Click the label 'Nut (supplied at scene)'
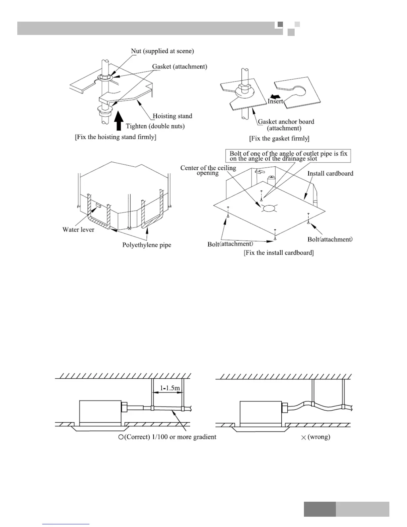pos(162,51)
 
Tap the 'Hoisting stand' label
pos(172,116)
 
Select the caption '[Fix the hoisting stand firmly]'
pos(115,137)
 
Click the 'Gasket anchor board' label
pos(286,125)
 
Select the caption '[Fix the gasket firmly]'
pos(279,138)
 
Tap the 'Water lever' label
pos(78,230)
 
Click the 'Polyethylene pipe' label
pos(147,245)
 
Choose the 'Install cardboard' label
pos(330,173)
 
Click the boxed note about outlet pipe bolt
pos(288,156)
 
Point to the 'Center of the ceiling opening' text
pos(208,170)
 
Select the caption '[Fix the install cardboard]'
pos(279,253)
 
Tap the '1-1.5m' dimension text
pos(170,388)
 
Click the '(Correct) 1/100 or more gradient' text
pos(167,437)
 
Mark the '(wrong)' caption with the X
pos(316,437)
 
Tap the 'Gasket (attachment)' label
pos(180,67)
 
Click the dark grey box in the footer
pos(320,509)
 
